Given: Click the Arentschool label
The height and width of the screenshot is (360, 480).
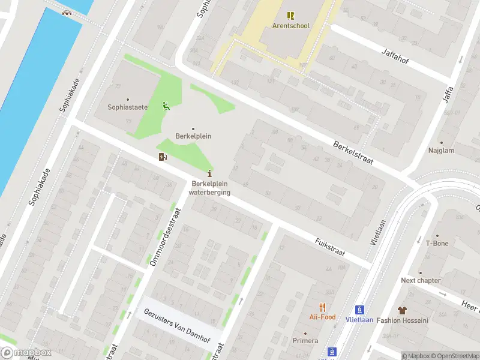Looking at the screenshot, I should [291, 26].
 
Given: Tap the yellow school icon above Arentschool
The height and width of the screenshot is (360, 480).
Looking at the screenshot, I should [291, 16].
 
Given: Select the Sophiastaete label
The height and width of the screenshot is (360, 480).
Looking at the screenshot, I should [127, 107].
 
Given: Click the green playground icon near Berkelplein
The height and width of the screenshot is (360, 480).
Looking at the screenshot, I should [166, 107].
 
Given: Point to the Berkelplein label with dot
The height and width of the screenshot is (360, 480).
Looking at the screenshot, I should [193, 136].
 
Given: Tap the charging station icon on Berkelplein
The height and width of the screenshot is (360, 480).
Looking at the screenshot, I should [162, 157].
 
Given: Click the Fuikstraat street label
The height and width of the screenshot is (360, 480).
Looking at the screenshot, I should [330, 247].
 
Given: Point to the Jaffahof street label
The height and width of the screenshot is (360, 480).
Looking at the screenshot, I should [399, 61].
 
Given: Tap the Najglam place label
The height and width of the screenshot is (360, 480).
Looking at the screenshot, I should [440, 151].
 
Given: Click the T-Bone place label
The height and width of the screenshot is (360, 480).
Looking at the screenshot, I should [437, 243].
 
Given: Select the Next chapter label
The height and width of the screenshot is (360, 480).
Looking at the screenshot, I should [421, 280].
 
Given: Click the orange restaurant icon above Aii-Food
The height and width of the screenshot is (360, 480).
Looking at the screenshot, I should [322, 307].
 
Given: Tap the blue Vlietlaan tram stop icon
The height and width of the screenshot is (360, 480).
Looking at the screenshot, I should [359, 310].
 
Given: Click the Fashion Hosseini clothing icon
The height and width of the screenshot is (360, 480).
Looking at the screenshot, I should [402, 310].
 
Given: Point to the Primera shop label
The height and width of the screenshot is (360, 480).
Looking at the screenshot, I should [305, 341].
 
